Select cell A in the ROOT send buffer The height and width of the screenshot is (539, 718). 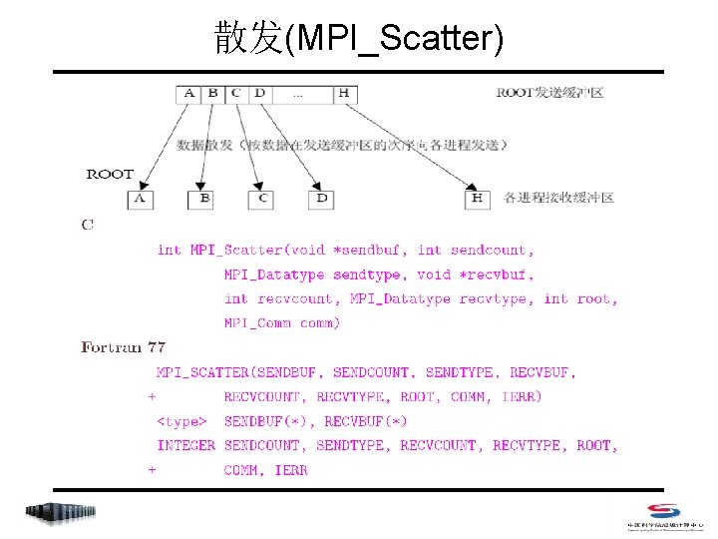click(188, 94)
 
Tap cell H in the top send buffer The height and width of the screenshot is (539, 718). click(344, 94)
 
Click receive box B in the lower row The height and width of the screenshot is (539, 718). click(203, 199)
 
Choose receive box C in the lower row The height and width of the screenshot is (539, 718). click(263, 199)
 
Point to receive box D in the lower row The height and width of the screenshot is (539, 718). click(321, 199)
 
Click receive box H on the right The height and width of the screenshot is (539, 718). click(478, 199)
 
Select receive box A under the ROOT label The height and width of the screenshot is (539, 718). click(141, 199)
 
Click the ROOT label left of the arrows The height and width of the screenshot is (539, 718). click(110, 174)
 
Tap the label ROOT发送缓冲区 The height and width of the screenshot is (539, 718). click(549, 93)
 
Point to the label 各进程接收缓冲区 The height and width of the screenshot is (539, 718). click(558, 198)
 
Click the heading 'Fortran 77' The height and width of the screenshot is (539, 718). click(124, 347)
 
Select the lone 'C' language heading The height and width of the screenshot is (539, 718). click(88, 225)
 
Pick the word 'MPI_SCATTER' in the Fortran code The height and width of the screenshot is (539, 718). click(202, 372)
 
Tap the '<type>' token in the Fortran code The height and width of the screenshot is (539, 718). click(182, 421)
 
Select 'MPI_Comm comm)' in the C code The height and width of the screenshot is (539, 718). click(282, 322)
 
